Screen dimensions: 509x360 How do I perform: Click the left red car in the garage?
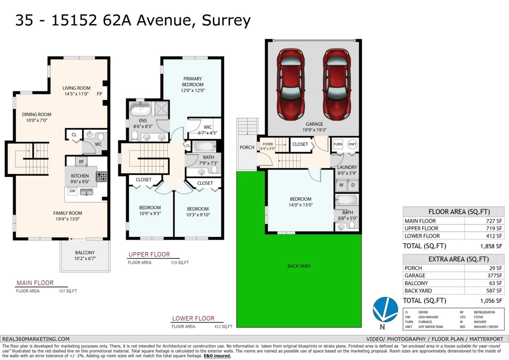coord(291,84)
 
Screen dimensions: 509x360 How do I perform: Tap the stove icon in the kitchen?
coord(101,177)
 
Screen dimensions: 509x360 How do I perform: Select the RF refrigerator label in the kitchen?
coord(81,162)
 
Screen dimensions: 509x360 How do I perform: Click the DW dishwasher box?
coord(73,191)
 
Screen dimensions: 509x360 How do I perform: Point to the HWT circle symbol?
coord(352,144)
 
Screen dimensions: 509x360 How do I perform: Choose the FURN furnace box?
coord(338,144)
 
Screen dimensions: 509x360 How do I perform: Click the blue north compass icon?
coord(385,309)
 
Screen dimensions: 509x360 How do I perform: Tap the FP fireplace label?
coord(99,94)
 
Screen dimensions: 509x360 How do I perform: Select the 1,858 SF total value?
coord(491,246)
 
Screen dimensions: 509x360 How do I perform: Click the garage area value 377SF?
coord(495,276)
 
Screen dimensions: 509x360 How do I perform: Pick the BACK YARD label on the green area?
coord(299,266)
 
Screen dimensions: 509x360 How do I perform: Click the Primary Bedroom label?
coord(193,82)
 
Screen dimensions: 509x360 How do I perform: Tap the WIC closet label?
coord(208,127)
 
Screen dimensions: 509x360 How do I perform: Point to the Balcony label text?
coord(85,253)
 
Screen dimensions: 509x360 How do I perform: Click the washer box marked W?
coord(341,185)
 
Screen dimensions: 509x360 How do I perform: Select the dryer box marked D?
coord(353,185)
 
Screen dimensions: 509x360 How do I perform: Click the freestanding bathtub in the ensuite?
coord(140,109)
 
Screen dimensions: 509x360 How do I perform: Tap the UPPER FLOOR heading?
coord(149,254)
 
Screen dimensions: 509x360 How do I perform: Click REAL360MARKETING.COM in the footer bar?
coord(36,339)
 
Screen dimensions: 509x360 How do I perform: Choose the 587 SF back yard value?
coord(494,291)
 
